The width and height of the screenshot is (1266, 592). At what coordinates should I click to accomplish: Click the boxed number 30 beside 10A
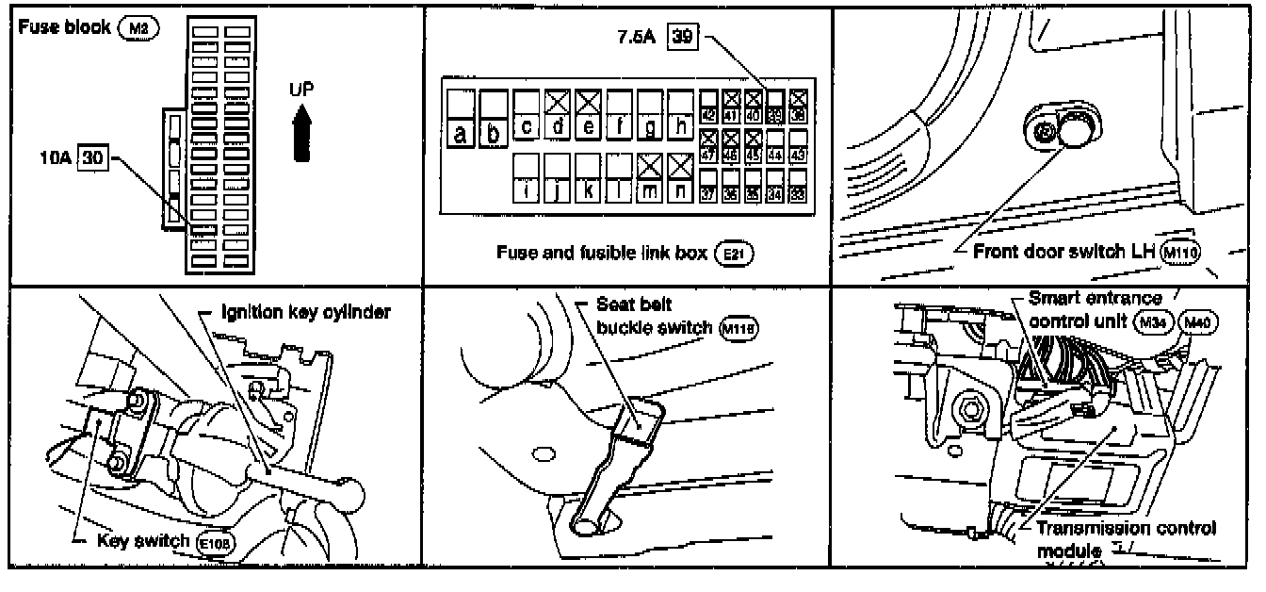(x=91, y=157)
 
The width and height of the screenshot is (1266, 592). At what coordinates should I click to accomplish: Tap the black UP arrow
(x=301, y=133)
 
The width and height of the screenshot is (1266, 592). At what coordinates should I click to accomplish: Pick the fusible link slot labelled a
(x=460, y=117)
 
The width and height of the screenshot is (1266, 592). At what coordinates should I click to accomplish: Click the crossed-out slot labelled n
(x=680, y=179)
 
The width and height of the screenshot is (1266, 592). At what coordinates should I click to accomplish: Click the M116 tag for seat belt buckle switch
(x=738, y=328)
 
